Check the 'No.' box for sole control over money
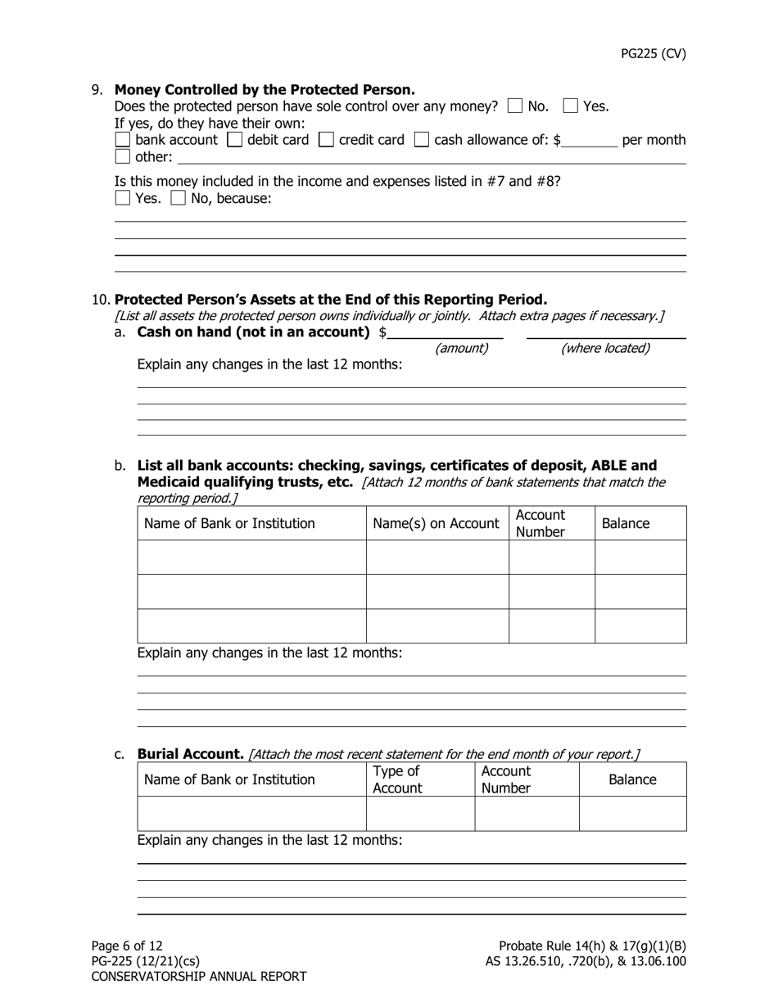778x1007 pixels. pos(515,106)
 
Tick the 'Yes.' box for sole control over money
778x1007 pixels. pos(571,106)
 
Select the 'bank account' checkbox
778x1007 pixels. pos(123,139)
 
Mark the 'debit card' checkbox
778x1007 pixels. pos(234,139)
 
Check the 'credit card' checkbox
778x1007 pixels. pos(326,139)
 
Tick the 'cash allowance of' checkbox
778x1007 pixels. pos(422,139)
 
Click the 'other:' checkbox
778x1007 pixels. pos(123,156)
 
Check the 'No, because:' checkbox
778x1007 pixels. pos(178,197)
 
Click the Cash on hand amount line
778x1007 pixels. pos(446,332)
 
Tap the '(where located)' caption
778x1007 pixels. pos(605,349)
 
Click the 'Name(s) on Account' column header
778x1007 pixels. pos(436,523)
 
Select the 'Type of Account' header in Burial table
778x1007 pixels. pos(397,779)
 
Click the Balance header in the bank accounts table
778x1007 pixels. pos(626,523)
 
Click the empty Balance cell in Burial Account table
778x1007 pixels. pos(632,814)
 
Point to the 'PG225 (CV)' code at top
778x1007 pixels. pos(653,54)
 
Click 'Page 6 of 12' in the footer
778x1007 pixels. pos(127,946)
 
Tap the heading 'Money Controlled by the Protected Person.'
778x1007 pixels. pos(265,90)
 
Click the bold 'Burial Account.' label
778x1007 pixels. pos(190,754)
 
